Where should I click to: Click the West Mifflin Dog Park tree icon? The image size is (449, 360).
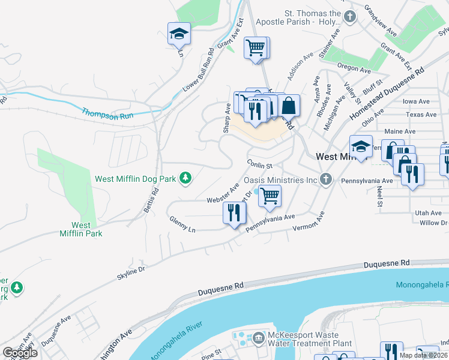click(186, 178)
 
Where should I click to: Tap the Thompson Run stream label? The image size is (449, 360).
click(107, 113)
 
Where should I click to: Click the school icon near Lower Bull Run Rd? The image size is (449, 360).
click(179, 34)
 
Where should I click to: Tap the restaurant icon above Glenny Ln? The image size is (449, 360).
click(234, 213)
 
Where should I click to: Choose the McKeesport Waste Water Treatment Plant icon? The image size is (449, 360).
click(259, 339)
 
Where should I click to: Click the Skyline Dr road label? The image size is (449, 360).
click(131, 272)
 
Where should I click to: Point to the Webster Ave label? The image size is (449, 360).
click(223, 193)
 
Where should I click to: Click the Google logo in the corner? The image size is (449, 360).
click(20, 353)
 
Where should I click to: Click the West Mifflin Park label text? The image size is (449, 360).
click(80, 229)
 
